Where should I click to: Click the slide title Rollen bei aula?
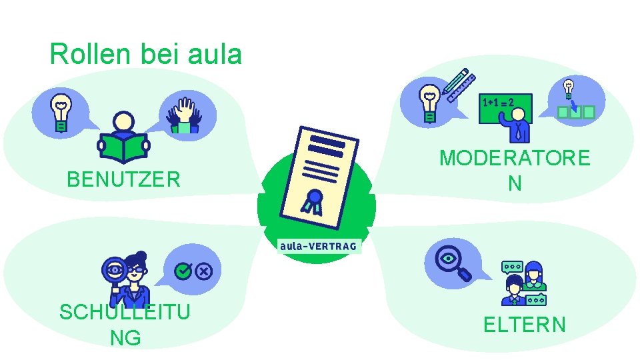pyautogui.click(x=145, y=54)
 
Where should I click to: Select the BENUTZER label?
pyautogui.click(x=123, y=179)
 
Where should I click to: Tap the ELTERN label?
pyautogui.click(x=524, y=325)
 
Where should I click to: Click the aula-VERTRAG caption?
pyautogui.click(x=319, y=246)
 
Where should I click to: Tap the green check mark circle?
pyautogui.click(x=183, y=271)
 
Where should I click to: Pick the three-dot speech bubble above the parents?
pyautogui.click(x=512, y=267)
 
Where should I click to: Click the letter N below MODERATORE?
pyautogui.click(x=514, y=183)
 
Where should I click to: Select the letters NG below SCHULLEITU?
pyautogui.click(x=125, y=338)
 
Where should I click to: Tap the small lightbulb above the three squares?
pyautogui.click(x=568, y=87)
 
